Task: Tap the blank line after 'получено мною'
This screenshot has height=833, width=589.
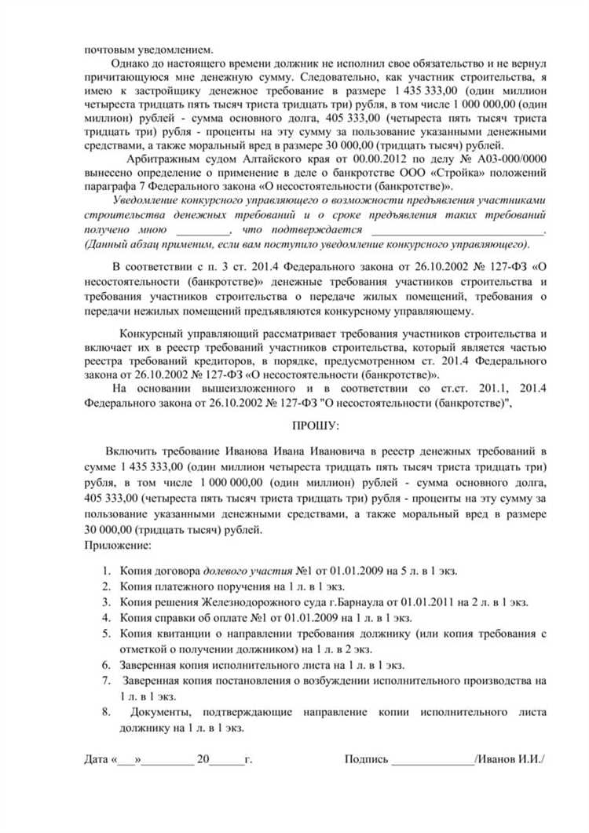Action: [x=203, y=230]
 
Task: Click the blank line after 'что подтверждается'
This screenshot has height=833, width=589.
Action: [x=456, y=230]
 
